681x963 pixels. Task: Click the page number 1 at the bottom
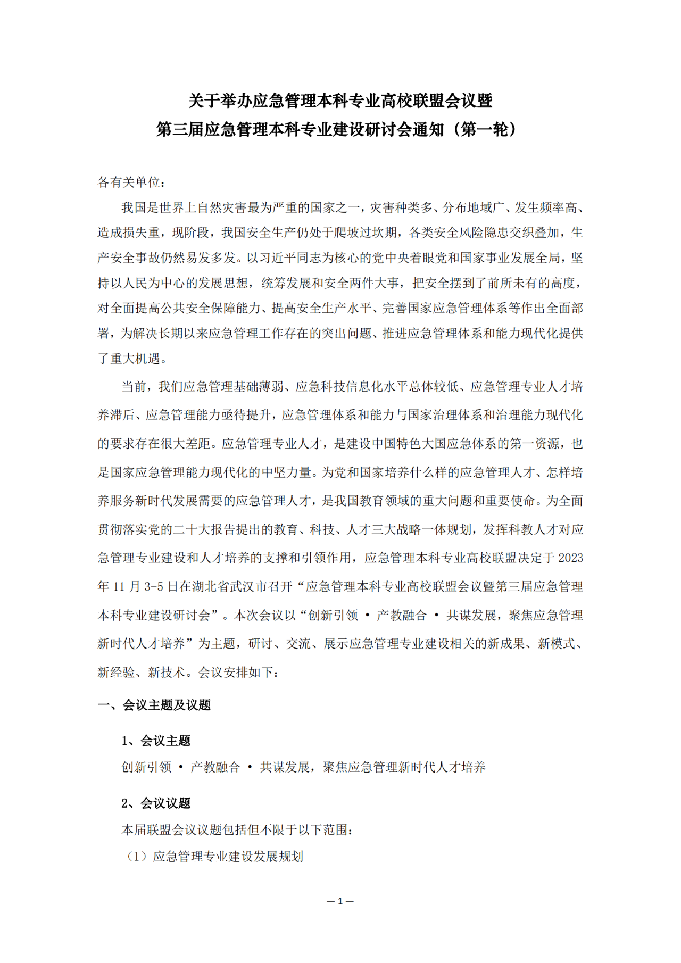pyautogui.click(x=340, y=901)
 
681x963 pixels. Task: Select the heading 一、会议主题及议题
pyautogui.click(x=154, y=705)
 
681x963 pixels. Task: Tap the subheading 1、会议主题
pyautogui.click(x=156, y=741)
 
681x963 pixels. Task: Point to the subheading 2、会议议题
pyautogui.click(x=156, y=803)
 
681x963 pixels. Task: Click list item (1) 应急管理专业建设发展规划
pyautogui.click(x=215, y=857)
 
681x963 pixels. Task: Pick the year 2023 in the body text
pyautogui.click(x=570, y=558)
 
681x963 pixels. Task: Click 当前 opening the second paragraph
pyautogui.click(x=134, y=387)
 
